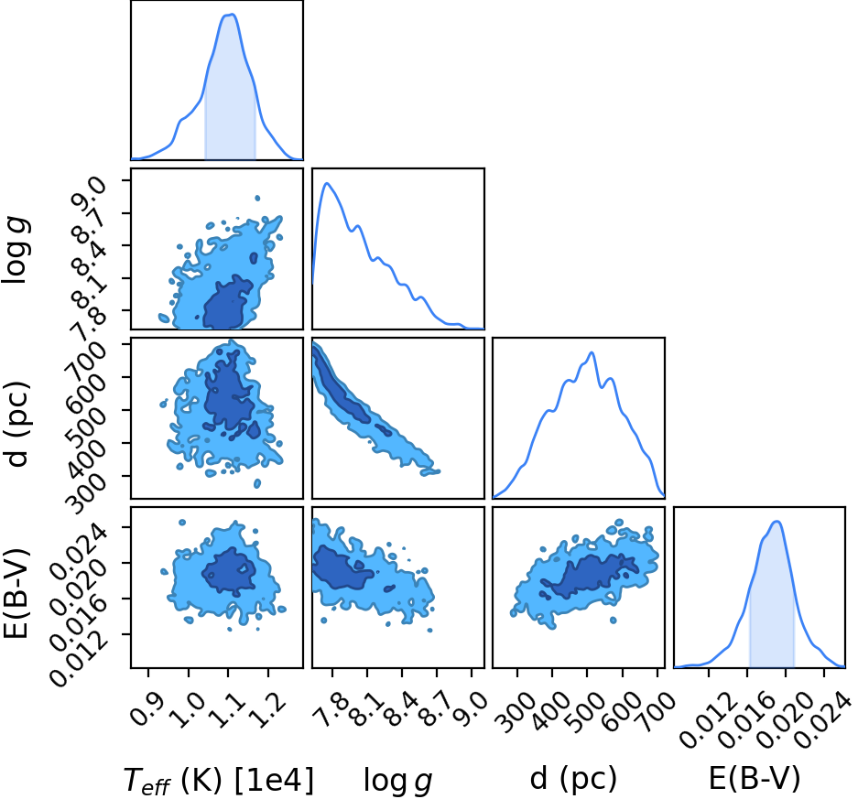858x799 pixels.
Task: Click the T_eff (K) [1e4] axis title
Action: [219, 780]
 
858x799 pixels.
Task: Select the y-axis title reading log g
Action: [16, 250]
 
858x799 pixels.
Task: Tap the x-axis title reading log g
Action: [397, 780]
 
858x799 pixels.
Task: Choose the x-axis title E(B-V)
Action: [754, 778]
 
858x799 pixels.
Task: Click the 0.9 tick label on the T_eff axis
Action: [147, 708]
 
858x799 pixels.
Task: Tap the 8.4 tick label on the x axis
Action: [401, 708]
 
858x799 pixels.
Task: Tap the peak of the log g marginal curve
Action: [327, 183]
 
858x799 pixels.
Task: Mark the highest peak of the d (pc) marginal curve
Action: [592, 352]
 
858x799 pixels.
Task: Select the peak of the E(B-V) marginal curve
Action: [777, 521]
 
